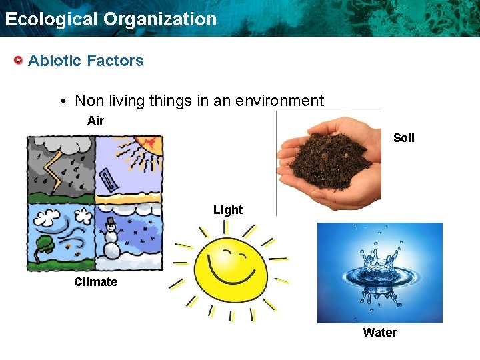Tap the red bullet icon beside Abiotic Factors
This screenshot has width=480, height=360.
pos(19,61)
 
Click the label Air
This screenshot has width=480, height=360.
pos(95,121)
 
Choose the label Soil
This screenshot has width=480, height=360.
pos(403,138)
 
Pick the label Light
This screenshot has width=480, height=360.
pos(228,210)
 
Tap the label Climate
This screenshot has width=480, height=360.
pos(95,282)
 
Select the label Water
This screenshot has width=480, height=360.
pos(379,333)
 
